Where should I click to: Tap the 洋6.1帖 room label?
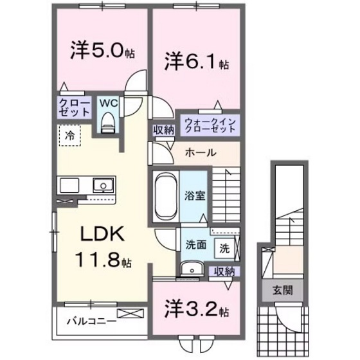(196, 63)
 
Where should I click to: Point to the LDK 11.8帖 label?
(105, 247)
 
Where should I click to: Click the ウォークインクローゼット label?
(210, 125)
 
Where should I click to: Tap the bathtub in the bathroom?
(165, 195)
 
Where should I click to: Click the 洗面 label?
(195, 244)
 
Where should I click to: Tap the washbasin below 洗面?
(192, 269)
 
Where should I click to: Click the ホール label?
(200, 153)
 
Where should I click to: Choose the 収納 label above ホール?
(163, 129)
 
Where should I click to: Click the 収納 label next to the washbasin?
(225, 271)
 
